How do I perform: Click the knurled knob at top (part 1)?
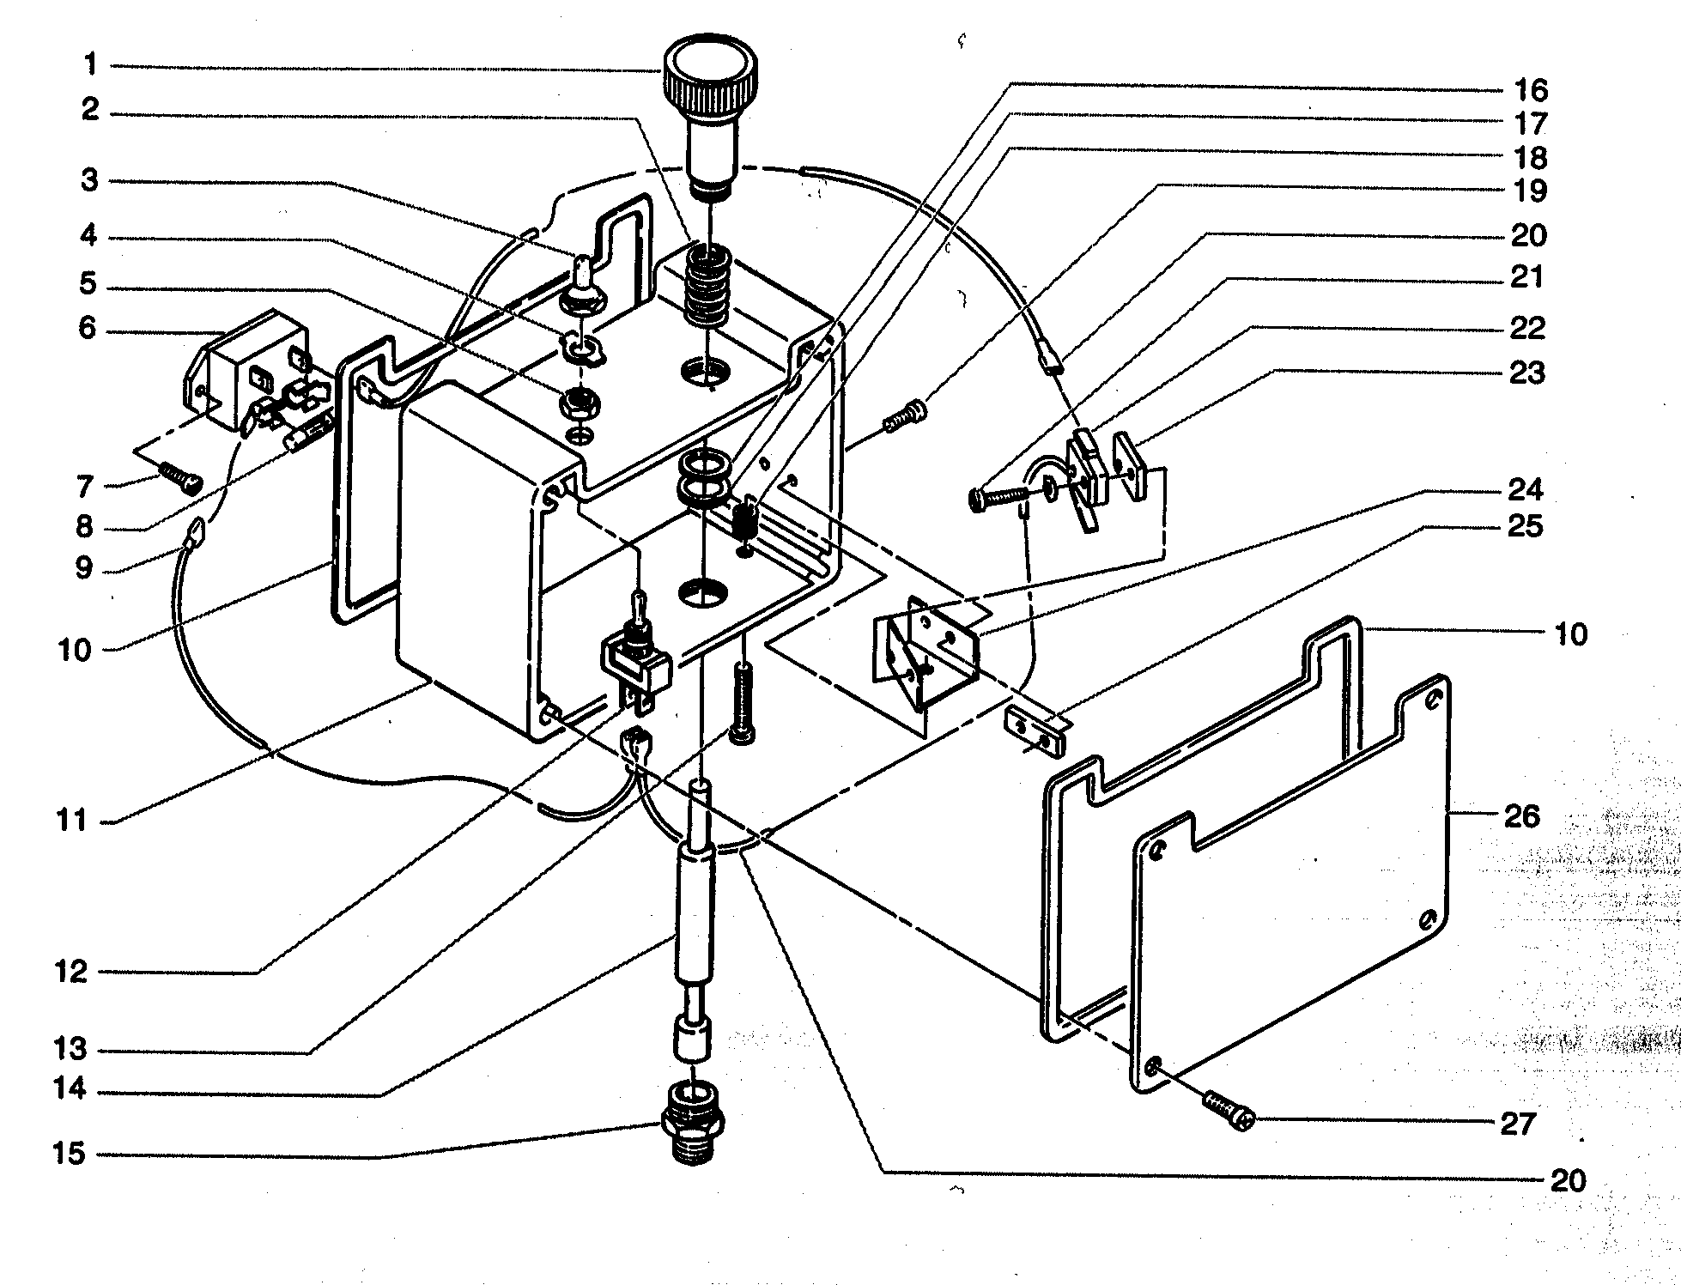pyautogui.click(x=710, y=86)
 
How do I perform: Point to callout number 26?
pyautogui.click(x=1521, y=816)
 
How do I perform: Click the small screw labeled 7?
pyautogui.click(x=178, y=473)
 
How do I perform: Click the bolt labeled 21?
pyautogui.click(x=998, y=497)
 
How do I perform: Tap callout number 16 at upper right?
pyautogui.click(x=1530, y=89)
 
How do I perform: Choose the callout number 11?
pyautogui.click(x=72, y=821)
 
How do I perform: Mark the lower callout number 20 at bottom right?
pyautogui.click(x=1567, y=1181)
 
